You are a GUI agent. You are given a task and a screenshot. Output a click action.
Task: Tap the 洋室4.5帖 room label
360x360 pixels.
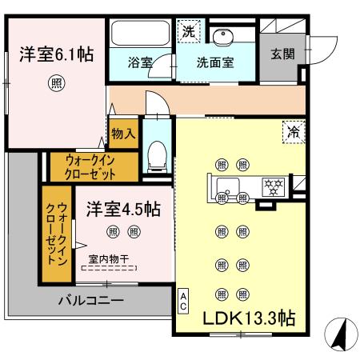tap(124, 210)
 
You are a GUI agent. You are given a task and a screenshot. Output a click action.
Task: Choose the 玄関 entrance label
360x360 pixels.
tap(282, 54)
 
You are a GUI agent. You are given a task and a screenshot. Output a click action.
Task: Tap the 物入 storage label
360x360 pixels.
tap(123, 132)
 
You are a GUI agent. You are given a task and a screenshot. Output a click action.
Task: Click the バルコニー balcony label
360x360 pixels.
tap(90, 302)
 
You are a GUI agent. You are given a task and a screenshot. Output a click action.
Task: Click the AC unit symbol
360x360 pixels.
tap(183, 301)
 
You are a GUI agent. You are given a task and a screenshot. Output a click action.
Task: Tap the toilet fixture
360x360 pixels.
tap(158, 153)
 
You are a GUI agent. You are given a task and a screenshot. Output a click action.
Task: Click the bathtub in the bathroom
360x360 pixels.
tap(140, 33)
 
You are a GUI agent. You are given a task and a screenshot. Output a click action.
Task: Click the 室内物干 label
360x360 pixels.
tap(110, 258)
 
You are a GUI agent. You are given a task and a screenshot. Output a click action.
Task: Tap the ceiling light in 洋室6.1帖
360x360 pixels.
tap(55, 82)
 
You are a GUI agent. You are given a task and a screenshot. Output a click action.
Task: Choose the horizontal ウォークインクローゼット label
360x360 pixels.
tap(85, 166)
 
